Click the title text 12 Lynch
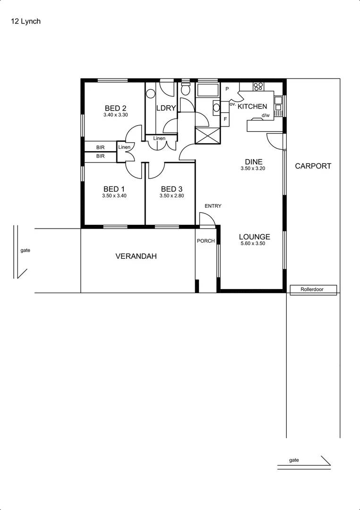pyautogui.click(x=26, y=21)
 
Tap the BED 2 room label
pyautogui.click(x=115, y=108)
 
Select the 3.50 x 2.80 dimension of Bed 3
pyautogui.click(x=171, y=195)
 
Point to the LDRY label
pyautogui.click(x=166, y=108)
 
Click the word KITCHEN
pyautogui.click(x=252, y=107)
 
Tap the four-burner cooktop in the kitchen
pyautogui.click(x=258, y=86)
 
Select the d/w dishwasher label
pyautogui.click(x=265, y=115)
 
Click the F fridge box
pyautogui.click(x=225, y=119)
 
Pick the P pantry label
pyautogui.click(x=227, y=89)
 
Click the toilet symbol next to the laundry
pyautogui.click(x=186, y=89)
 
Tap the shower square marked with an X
pyautogui.click(x=207, y=136)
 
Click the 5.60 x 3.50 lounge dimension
pyautogui.click(x=254, y=244)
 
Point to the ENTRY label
pyautogui.click(x=213, y=206)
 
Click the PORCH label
pyautogui.click(x=206, y=241)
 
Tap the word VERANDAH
pyautogui.click(x=136, y=256)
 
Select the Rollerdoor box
pyautogui.click(x=312, y=289)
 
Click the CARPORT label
pyautogui.click(x=313, y=166)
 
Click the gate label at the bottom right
pyautogui.click(x=294, y=460)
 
